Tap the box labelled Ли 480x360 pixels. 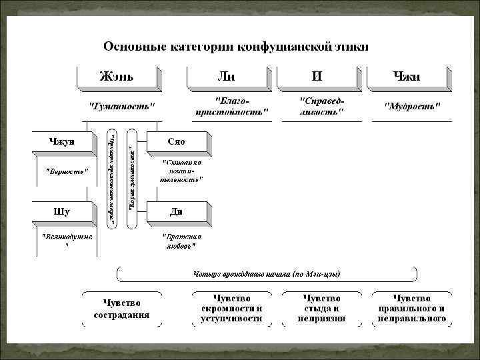(x=227, y=76)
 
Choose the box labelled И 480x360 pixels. (x=317, y=76)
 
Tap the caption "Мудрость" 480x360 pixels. (x=413, y=106)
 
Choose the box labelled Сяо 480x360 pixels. (x=177, y=142)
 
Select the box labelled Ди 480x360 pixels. (x=177, y=212)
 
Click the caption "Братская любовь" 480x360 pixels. (x=181, y=241)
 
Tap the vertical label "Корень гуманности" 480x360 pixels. (x=132, y=180)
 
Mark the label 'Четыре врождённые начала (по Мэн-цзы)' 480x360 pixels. (x=267, y=273)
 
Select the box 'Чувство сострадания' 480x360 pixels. (x=121, y=308)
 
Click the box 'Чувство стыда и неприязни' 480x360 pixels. (x=321, y=308)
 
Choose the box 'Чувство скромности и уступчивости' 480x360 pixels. (x=231, y=308)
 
